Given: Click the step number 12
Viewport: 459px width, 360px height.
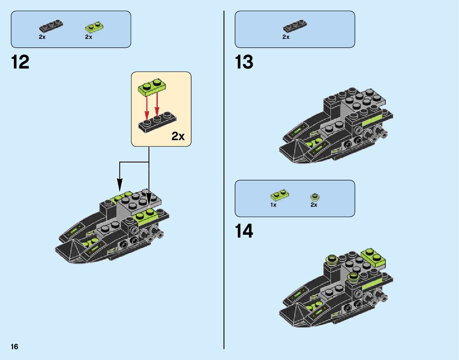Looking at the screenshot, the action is point(20,62).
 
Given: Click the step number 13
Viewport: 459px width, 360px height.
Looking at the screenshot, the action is point(244,62).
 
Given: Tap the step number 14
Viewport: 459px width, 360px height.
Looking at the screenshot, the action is point(244,231).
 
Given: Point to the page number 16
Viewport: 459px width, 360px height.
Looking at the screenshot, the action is point(14,347).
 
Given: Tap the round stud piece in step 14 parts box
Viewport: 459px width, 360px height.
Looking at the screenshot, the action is point(315,197).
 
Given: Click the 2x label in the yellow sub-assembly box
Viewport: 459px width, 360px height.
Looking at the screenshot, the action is point(178,136).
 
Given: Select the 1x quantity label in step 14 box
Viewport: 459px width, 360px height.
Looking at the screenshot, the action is point(273,205).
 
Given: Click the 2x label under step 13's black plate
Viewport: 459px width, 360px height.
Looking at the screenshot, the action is point(286,37).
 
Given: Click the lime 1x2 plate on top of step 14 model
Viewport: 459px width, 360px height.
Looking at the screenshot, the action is point(373,258).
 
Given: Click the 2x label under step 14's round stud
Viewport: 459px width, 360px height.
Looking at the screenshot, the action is point(314,205).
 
